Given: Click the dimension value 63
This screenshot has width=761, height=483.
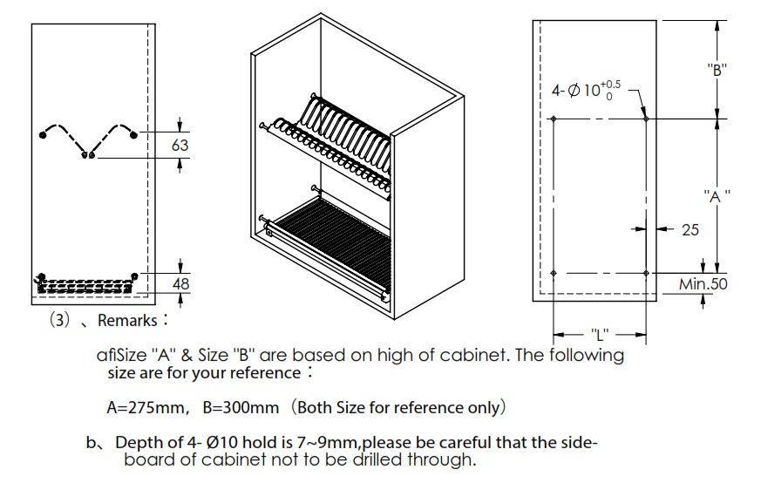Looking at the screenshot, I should tap(180, 145).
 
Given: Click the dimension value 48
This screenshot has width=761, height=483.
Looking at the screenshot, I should tap(180, 284).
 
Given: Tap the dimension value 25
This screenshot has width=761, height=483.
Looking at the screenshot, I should tap(690, 230).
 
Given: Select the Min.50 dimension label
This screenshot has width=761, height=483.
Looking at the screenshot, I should tap(703, 284).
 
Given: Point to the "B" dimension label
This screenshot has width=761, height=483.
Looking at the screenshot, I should tap(717, 71).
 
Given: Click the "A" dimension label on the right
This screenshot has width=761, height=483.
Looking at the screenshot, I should tap(717, 197).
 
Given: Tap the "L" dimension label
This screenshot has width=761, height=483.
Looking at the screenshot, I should tap(599, 334).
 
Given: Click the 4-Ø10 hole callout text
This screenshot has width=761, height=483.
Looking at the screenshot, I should tap(586, 90).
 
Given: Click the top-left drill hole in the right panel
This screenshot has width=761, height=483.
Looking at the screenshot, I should tap(554, 119).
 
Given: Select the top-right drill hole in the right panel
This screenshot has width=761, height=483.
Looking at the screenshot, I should tap(645, 119).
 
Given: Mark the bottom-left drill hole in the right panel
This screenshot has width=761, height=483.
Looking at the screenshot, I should tap(554, 274).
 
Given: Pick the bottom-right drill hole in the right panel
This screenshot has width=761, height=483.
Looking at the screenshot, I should tap(645, 274).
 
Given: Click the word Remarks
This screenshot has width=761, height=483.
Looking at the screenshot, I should tap(126, 321).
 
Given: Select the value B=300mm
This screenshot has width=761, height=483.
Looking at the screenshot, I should tap(241, 407).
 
